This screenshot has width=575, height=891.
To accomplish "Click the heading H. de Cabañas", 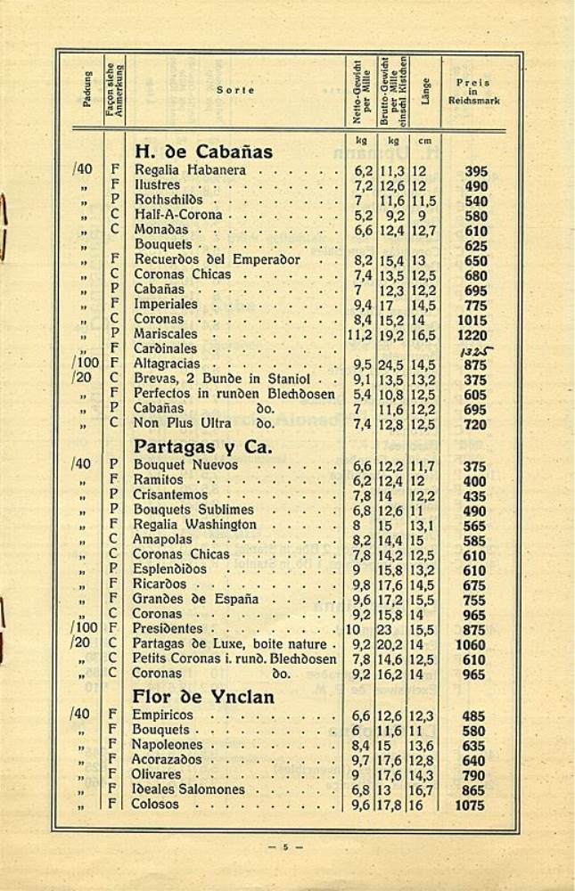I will (x=203, y=151).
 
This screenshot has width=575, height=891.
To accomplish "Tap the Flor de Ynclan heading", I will (x=203, y=696).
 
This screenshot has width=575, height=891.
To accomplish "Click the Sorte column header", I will (x=235, y=90).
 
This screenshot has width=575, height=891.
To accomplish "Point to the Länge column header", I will (x=426, y=92).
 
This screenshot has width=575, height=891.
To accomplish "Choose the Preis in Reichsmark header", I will (x=473, y=92).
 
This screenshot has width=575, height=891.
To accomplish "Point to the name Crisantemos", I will (x=171, y=495).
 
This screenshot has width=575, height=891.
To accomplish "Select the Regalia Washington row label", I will (x=195, y=525).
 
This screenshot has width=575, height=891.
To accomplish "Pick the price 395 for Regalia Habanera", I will (x=476, y=171).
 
